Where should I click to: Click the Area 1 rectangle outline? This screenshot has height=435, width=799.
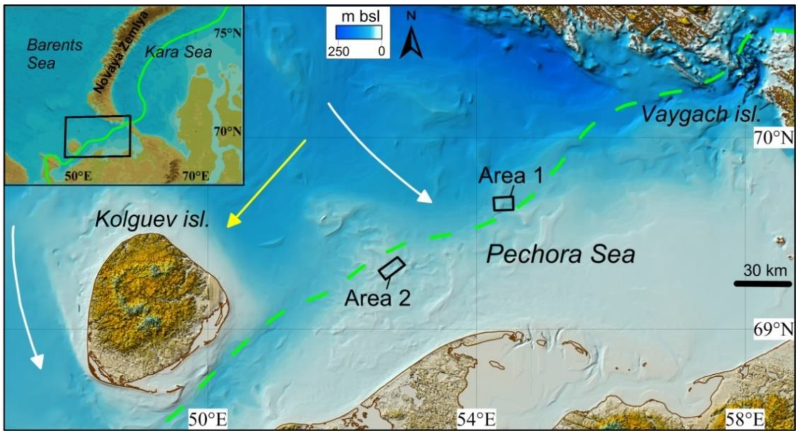503,203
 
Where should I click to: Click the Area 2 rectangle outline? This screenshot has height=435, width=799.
392,268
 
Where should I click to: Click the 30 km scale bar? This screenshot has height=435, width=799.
763,284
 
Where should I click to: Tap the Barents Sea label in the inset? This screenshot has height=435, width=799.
54,54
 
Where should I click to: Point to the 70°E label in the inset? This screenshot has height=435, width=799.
196,176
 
